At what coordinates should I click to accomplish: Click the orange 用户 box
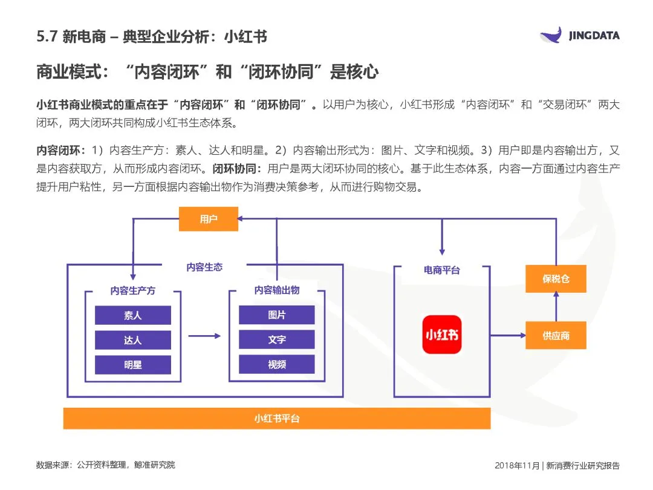tap(209, 219)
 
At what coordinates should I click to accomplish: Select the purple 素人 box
tap(133, 315)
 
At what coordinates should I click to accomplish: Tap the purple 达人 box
tap(133, 340)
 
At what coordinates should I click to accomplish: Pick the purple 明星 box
tap(133, 364)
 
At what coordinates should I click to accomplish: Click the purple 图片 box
tap(277, 315)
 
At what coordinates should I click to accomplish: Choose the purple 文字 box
tap(277, 340)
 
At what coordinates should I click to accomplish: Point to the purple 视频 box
tap(277, 364)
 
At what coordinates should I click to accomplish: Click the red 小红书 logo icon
tap(441, 335)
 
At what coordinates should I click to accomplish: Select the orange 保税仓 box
tap(556, 279)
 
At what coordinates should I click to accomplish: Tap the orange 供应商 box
tap(556, 335)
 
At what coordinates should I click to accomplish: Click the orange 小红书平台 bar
tap(277, 418)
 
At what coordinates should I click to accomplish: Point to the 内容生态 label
tap(204, 267)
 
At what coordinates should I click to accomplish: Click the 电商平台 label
tap(441, 270)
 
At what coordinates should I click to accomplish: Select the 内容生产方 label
tap(133, 290)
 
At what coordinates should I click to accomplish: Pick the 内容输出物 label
tap(277, 290)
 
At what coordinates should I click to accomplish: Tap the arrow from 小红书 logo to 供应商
tap(507, 335)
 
